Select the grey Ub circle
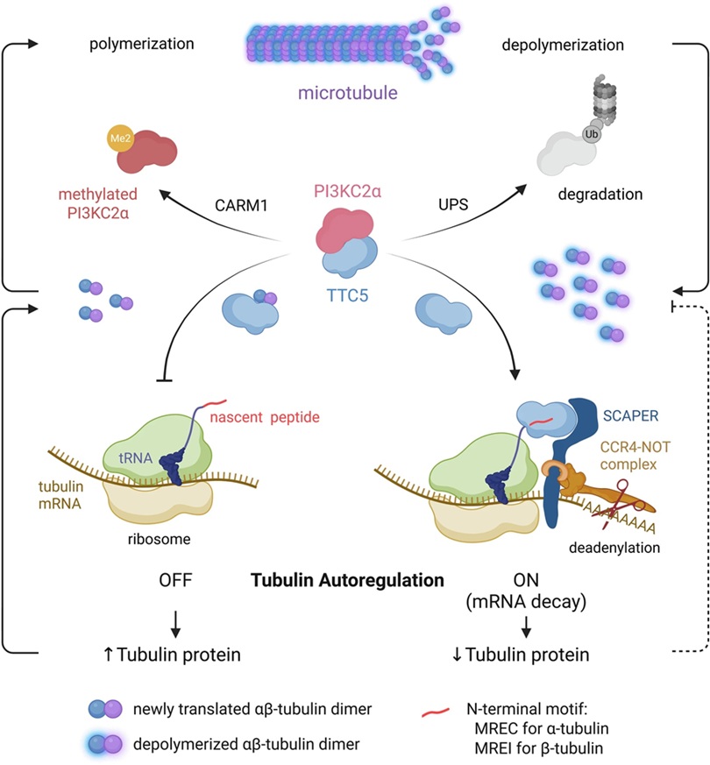click(590, 135)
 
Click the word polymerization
click(141, 43)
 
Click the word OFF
click(177, 580)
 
